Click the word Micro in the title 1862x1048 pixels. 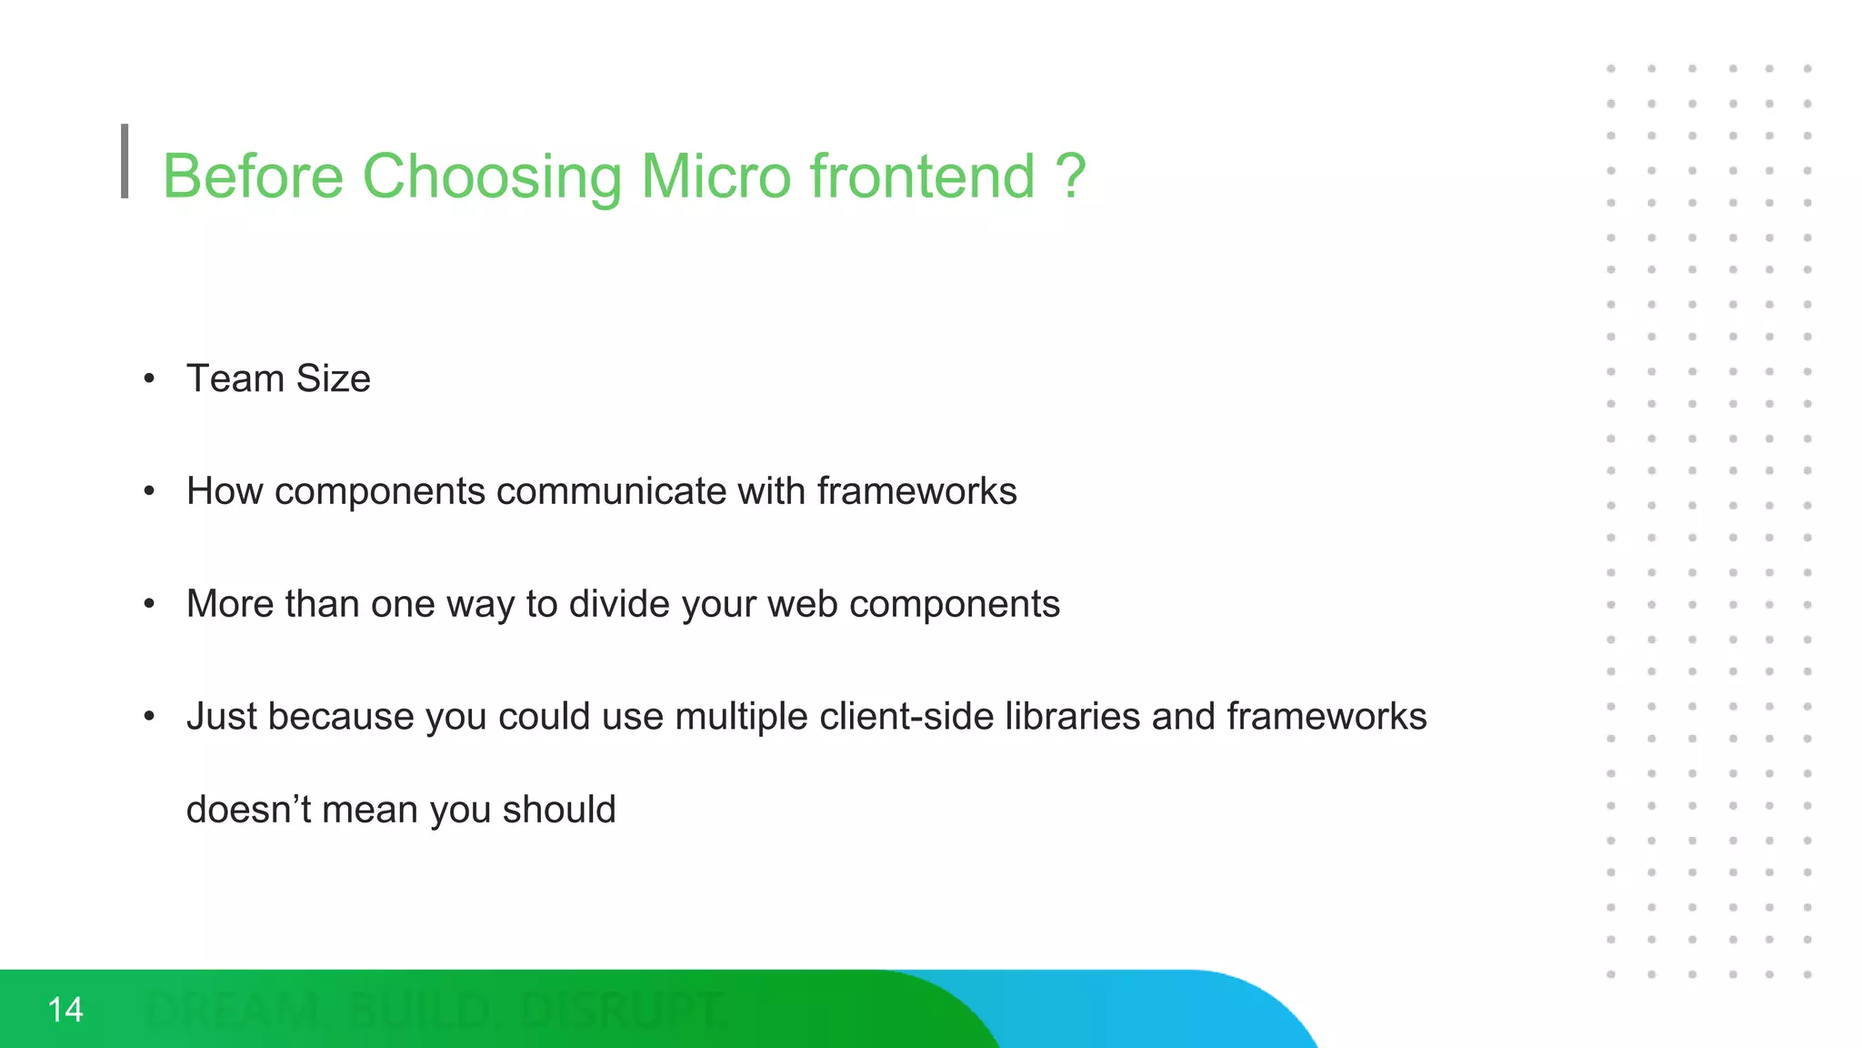[716, 176]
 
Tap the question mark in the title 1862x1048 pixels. [1071, 176]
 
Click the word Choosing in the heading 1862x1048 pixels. [492, 177]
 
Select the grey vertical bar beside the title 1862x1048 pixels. [125, 161]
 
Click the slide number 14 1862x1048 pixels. [65, 1010]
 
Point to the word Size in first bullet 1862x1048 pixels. [333, 378]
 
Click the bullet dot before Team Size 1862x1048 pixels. [150, 378]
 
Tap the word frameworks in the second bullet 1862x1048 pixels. [916, 491]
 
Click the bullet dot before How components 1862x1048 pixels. [150, 492]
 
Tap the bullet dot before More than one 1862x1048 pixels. [150, 605]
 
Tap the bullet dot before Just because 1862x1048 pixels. [150, 718]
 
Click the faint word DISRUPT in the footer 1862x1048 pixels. [622, 1010]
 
